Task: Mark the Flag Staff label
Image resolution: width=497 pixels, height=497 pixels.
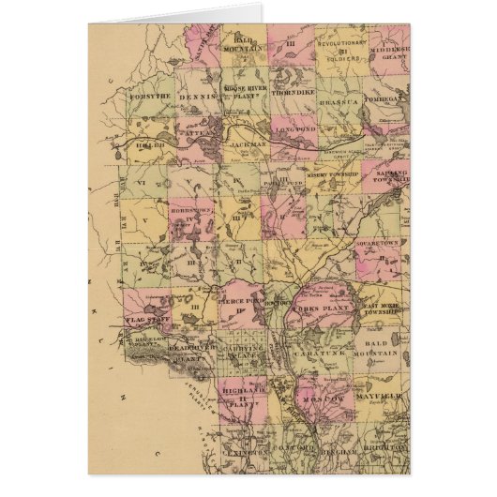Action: tap(145, 321)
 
